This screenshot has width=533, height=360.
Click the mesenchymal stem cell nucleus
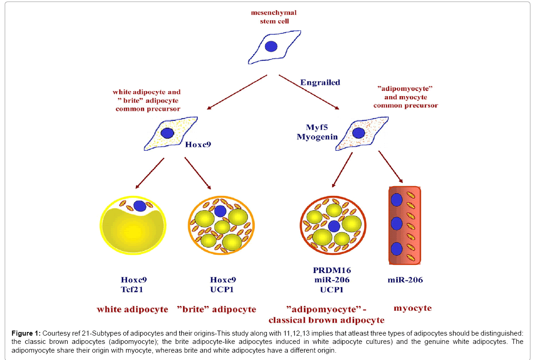[271, 46]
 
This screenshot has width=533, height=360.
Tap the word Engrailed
[320, 83]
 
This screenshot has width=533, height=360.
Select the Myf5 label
[316, 127]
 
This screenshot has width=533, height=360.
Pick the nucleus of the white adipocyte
[139, 206]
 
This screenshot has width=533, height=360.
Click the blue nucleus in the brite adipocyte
[220, 211]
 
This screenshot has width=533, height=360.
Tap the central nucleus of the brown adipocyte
[334, 226]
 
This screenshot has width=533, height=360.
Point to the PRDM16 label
[332, 270]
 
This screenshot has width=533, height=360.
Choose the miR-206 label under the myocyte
[405, 280]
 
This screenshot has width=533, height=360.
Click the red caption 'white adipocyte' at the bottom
[132, 309]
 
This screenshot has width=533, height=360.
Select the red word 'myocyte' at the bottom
[413, 308]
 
